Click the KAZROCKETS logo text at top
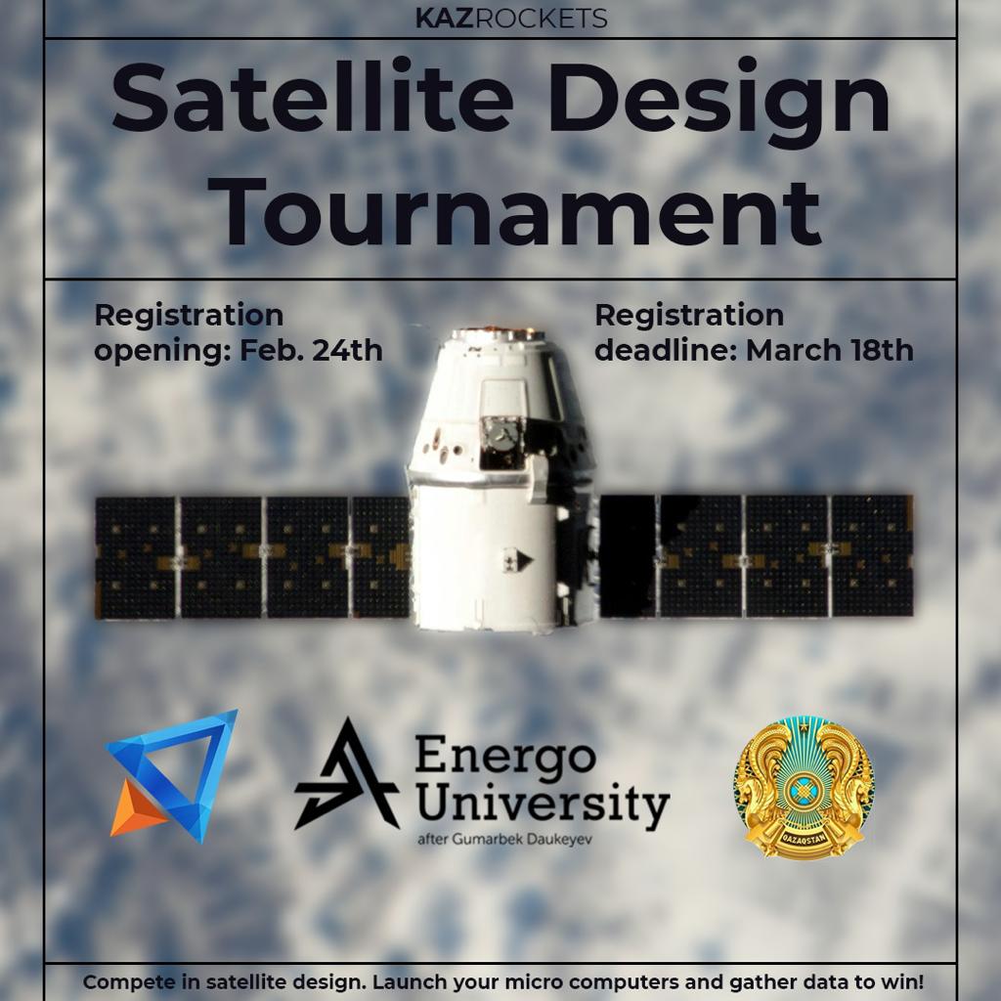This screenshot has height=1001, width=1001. click(x=510, y=19)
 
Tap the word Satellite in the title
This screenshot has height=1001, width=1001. click(x=312, y=95)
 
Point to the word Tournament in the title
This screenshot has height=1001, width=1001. click(x=514, y=212)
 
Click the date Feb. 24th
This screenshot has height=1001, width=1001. click(x=311, y=351)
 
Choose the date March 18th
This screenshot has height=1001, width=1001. click(x=829, y=351)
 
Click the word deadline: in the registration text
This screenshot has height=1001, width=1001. click(x=666, y=351)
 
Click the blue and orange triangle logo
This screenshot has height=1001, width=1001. click(x=171, y=775)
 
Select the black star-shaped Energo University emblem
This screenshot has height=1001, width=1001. click(x=347, y=774)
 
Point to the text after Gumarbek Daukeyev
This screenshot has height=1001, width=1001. click(x=504, y=839)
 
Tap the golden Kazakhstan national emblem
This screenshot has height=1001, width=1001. click(x=804, y=788)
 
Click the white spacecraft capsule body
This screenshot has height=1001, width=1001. click(x=501, y=480)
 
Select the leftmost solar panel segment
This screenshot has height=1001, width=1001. click(x=135, y=557)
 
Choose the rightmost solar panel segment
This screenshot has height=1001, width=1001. click(x=872, y=555)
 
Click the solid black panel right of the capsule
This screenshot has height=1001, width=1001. click(x=628, y=555)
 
